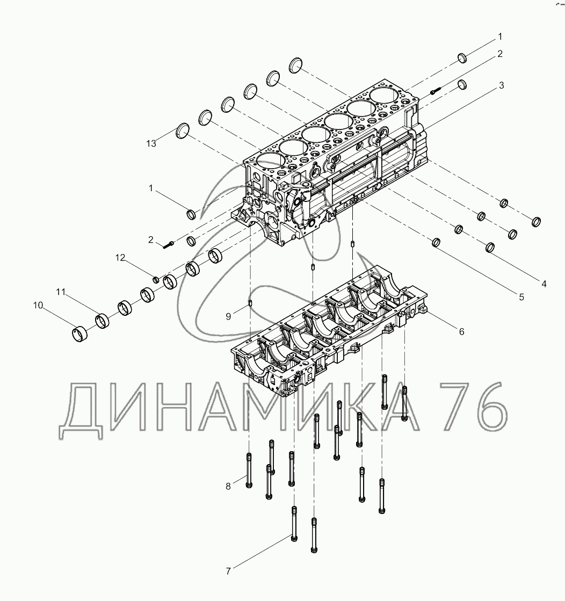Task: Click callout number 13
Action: pyautogui.click(x=151, y=143)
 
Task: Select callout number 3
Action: pyautogui.click(x=501, y=85)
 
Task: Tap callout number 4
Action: pyautogui.click(x=544, y=284)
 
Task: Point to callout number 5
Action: pyautogui.click(x=521, y=296)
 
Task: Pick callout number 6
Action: pyautogui.click(x=461, y=331)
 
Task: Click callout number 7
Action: pyautogui.click(x=228, y=571)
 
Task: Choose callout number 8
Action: pyautogui.click(x=228, y=486)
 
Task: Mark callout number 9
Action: pyautogui.click(x=228, y=317)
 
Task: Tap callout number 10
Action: pyautogui.click(x=38, y=306)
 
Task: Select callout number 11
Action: pyautogui.click(x=61, y=292)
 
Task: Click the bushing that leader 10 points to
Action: pyautogui.click(x=79, y=333)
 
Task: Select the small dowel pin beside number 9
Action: pyautogui.click(x=251, y=307)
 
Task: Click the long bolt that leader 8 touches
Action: pyautogui.click(x=248, y=470)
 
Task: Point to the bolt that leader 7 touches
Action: pyautogui.click(x=293, y=523)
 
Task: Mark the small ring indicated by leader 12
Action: pyautogui.click(x=156, y=279)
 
